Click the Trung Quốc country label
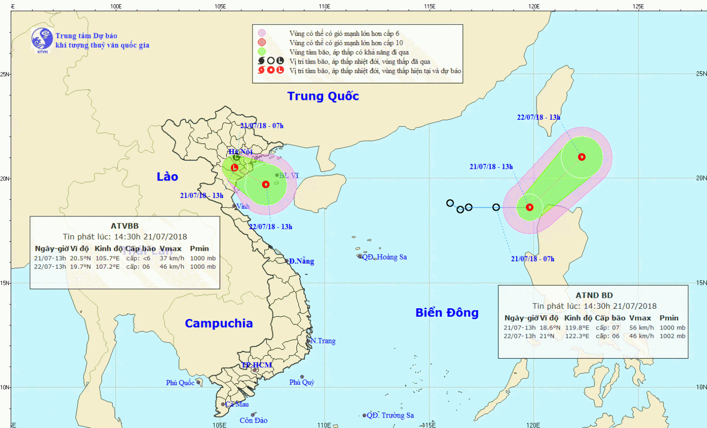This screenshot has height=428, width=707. (323, 96)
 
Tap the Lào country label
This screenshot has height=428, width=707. (167, 177)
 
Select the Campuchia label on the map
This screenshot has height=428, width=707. (219, 323)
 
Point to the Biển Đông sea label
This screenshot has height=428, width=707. (447, 313)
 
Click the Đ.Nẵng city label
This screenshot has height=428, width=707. (301, 261)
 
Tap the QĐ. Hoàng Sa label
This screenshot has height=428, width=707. (384, 257)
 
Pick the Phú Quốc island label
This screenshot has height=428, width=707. (180, 383)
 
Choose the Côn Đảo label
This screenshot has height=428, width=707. (253, 420)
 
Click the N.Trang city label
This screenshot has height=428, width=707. (323, 341)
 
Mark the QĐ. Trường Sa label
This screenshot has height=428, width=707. (390, 415)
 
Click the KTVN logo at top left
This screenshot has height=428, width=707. (42, 39)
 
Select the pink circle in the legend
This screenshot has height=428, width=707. (262, 33)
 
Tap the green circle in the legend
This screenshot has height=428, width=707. (262, 52)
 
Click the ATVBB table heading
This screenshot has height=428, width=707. (124, 226)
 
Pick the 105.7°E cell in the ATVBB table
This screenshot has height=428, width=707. (107, 258)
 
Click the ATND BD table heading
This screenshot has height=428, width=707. (594, 295)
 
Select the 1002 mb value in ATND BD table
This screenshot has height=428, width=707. (673, 336)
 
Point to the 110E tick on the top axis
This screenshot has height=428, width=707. (324, 6)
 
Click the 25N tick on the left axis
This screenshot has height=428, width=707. (5, 74)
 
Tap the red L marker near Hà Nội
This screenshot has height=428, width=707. (234, 167)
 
